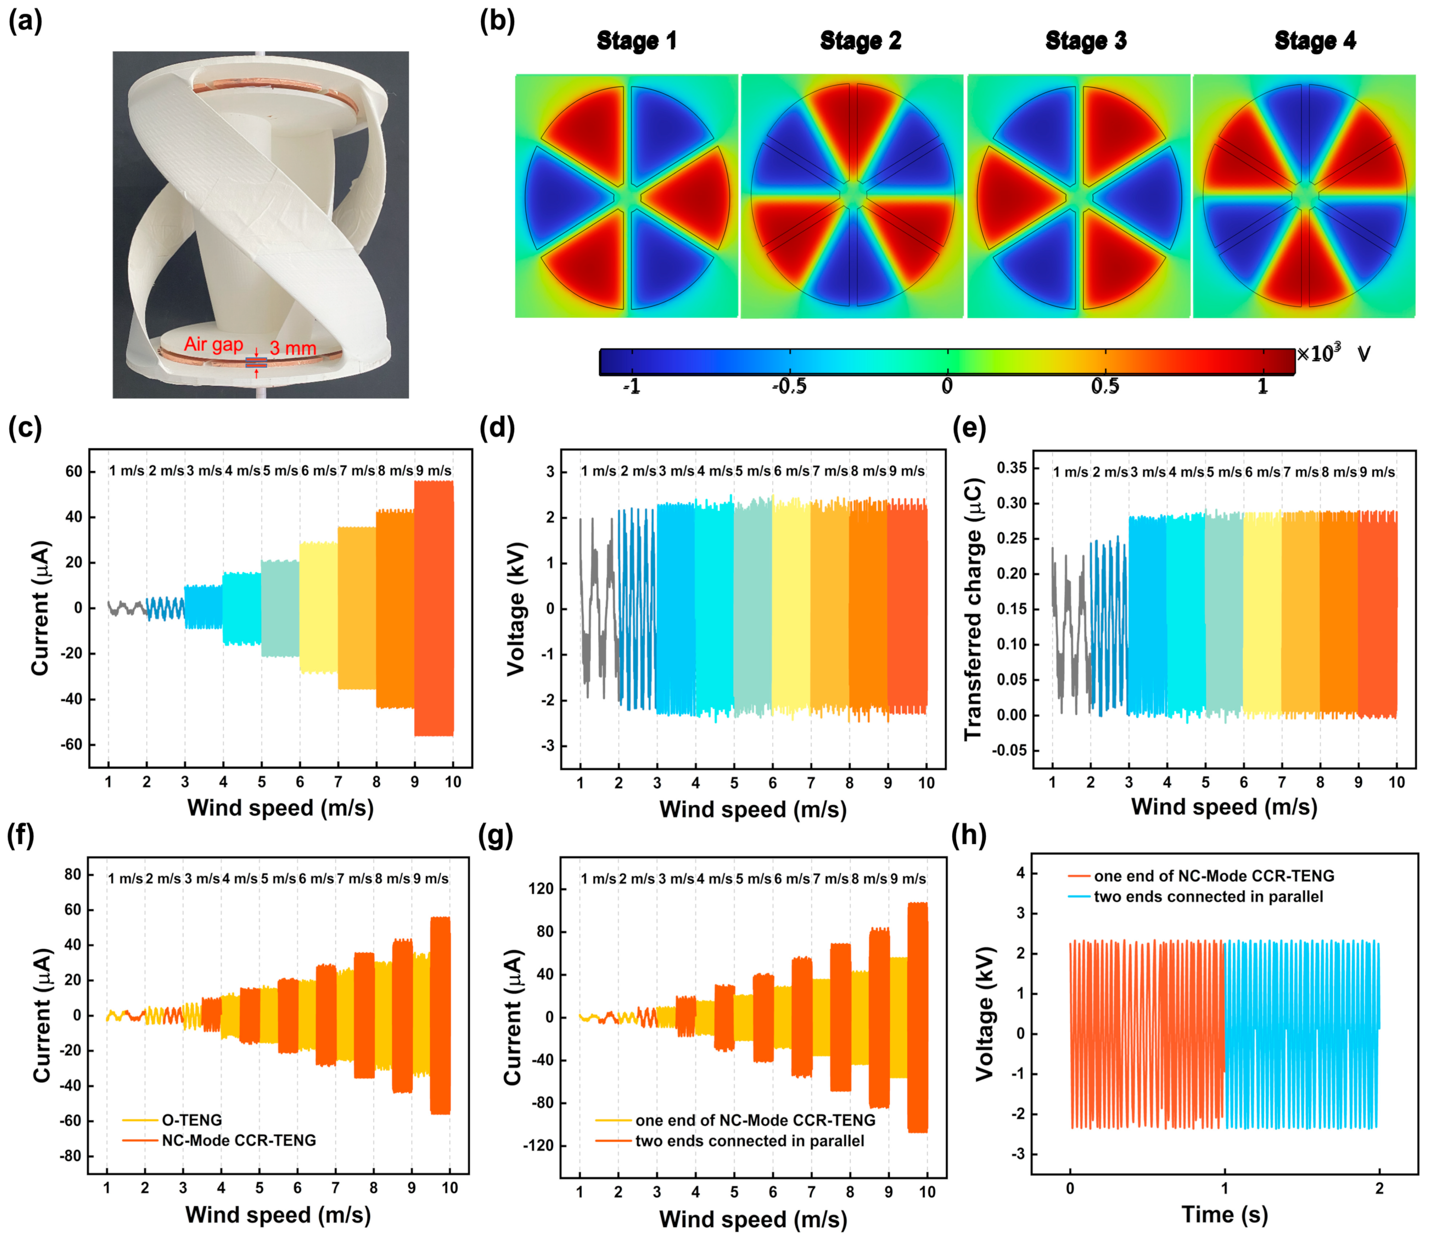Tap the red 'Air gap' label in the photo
[x=213, y=344]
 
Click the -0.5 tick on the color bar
[x=789, y=386]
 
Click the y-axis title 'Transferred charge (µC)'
[x=973, y=608]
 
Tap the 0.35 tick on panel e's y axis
[x=1011, y=468]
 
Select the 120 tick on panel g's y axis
[x=540, y=888]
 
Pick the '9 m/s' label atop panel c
[x=434, y=471]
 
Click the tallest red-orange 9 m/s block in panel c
[x=434, y=608]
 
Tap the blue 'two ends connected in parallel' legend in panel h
[x=1208, y=897]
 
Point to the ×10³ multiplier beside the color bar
[x=1318, y=353]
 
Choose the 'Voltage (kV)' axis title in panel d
[x=517, y=608]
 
